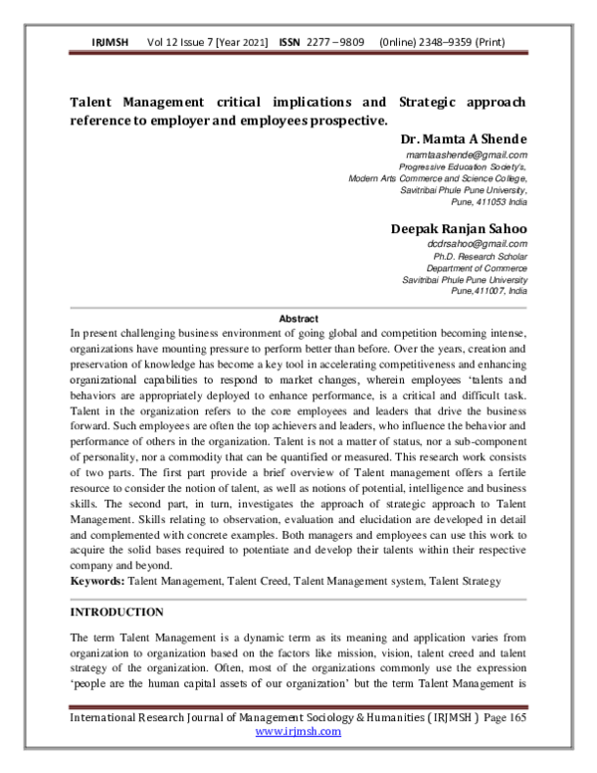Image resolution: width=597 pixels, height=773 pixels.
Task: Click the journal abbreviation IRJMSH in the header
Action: [110, 44]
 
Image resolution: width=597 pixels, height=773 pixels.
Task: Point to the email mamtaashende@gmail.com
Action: [474, 155]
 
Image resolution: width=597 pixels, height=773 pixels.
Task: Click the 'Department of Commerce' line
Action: [477, 269]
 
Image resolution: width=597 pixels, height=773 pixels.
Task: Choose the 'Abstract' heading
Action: [298, 318]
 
